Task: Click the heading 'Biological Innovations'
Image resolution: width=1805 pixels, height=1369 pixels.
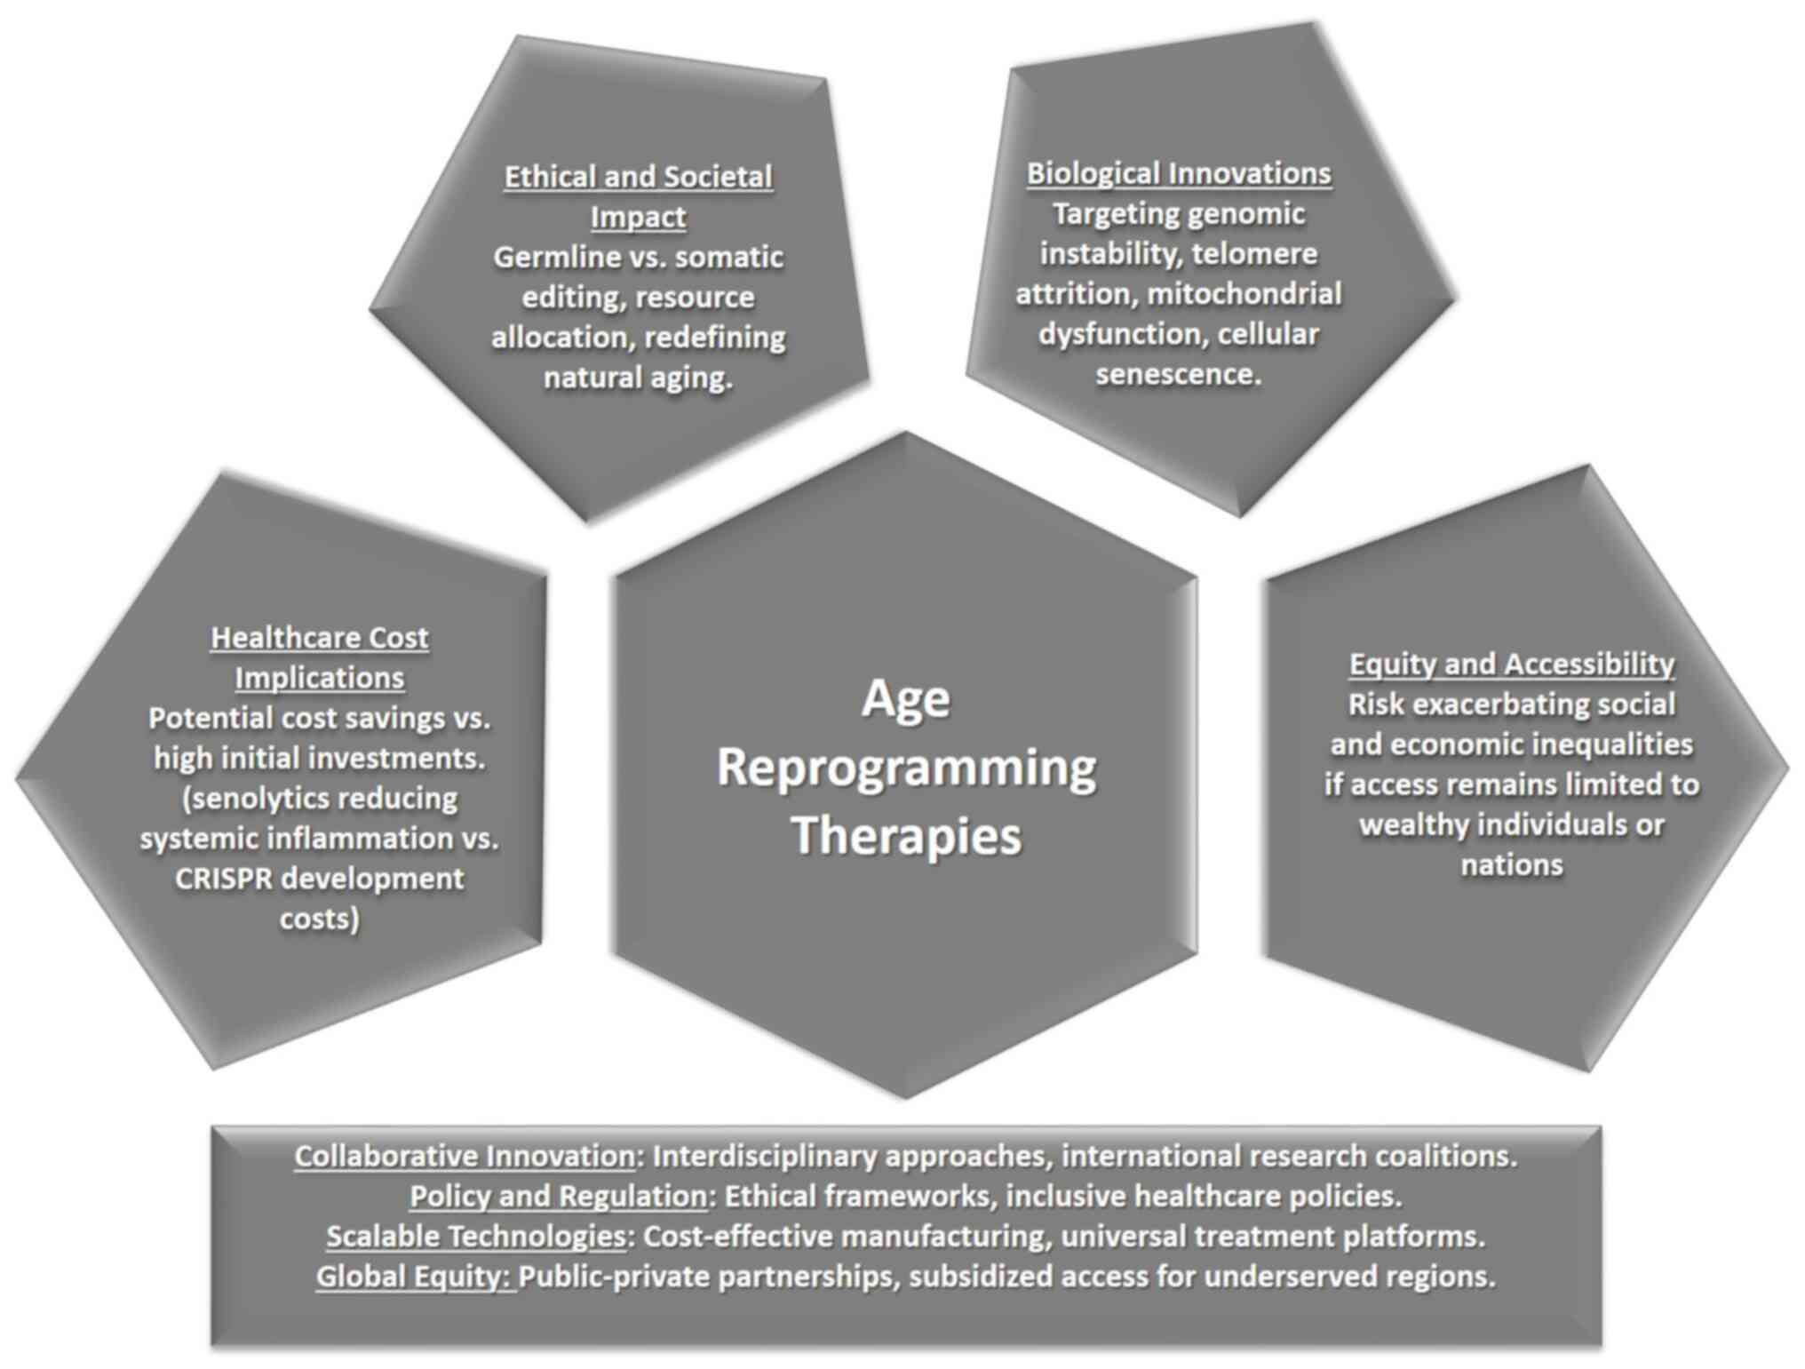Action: [1178, 173]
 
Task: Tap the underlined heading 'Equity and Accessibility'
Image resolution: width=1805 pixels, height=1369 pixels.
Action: [1511, 664]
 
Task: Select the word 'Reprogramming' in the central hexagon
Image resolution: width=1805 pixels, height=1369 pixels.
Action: [906, 768]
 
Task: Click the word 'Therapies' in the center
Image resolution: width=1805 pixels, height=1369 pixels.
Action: [906, 836]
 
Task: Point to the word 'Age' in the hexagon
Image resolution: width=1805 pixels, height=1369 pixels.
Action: [906, 698]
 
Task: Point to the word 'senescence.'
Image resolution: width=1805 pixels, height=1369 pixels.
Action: [1178, 374]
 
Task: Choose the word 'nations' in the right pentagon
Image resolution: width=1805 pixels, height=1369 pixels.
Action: [1511, 864]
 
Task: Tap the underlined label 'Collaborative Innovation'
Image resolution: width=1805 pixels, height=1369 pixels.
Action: [465, 1156]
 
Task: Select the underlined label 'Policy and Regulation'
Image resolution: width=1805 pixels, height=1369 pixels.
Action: [558, 1196]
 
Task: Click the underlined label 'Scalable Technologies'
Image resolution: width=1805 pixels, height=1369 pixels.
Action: [476, 1236]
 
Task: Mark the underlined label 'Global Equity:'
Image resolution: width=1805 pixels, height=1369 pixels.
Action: [414, 1277]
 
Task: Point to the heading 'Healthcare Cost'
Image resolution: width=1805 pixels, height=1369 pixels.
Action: [319, 637]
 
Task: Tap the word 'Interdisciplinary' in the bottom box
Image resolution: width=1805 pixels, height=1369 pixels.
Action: [763, 1156]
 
